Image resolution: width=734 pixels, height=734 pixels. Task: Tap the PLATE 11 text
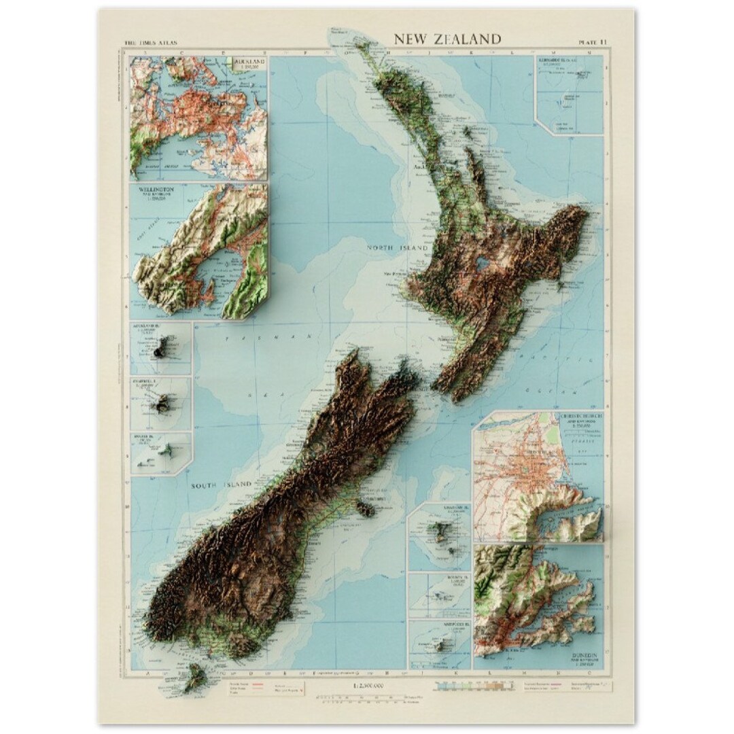593,42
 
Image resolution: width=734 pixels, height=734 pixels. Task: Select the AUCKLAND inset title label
249,63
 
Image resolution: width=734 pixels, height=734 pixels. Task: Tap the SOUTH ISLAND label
221,485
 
